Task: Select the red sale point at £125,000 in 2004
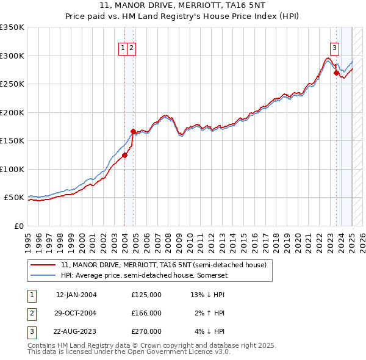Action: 124,155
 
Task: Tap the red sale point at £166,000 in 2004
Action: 133,131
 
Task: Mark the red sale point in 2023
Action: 336,73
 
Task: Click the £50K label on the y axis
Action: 14,198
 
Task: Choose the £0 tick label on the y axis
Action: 19,226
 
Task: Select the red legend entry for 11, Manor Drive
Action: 163,265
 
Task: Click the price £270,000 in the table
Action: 146,331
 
